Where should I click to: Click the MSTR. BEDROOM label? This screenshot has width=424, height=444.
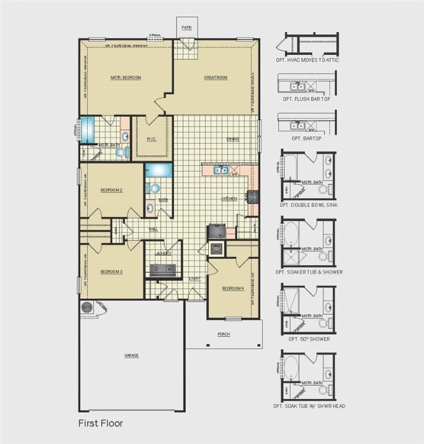tap(126, 77)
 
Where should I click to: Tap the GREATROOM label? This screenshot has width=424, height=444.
tap(216, 77)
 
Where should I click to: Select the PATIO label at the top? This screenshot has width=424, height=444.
tap(186, 28)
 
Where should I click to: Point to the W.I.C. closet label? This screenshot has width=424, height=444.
tap(152, 139)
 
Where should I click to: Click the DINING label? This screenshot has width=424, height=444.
tap(232, 139)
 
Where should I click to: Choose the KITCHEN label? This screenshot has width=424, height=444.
tap(230, 199)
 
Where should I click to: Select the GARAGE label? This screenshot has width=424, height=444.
tap(132, 355)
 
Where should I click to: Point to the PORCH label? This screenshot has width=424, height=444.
tap(224, 334)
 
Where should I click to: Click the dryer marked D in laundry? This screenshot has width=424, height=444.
tap(156, 269)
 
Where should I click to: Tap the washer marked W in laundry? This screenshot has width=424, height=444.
tap(170, 269)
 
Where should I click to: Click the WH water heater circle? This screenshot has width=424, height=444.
tap(87, 307)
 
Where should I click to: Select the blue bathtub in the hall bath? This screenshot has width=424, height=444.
tap(158, 171)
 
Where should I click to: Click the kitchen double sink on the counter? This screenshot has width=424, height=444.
tap(220, 170)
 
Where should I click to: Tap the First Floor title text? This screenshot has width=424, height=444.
tap(100, 423)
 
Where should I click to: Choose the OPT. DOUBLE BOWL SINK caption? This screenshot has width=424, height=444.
tap(309, 205)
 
